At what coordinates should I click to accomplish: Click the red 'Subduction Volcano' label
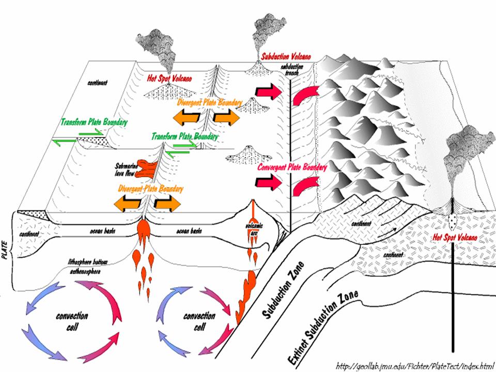click(285, 56)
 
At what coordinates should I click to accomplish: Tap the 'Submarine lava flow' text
click(125, 171)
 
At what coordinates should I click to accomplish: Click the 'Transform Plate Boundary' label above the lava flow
click(184, 136)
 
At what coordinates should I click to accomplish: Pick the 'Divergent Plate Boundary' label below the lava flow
click(150, 189)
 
